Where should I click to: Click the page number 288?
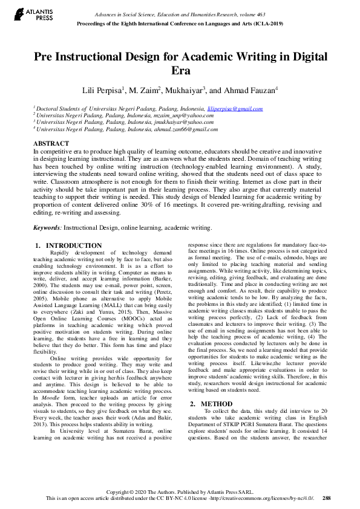click(327, 499)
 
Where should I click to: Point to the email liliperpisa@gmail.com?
click(235, 109)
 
